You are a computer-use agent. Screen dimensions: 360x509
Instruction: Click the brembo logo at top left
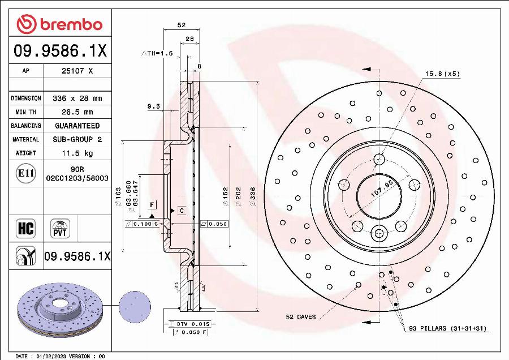59,24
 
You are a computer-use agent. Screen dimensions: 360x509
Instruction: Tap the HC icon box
25,229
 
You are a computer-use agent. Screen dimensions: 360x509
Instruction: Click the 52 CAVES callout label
300,317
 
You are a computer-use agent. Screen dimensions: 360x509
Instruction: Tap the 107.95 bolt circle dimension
381,189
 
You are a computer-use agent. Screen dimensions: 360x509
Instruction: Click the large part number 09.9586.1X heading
59,51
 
